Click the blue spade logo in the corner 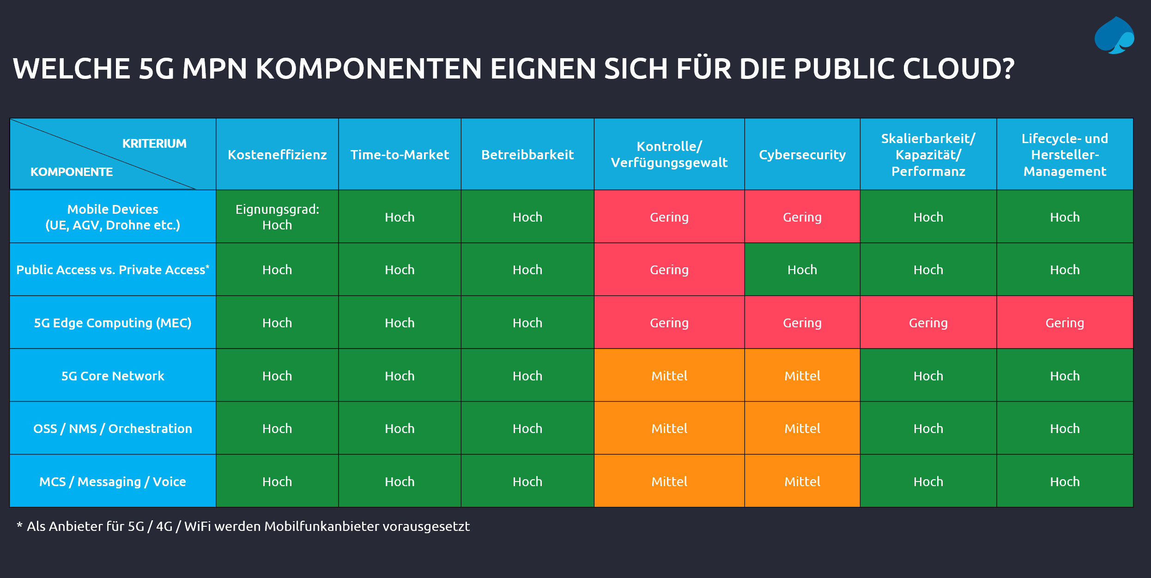(1114, 36)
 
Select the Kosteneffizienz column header (277, 155)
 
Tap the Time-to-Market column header (400, 155)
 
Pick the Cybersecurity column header (802, 155)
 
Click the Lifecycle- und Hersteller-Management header (1065, 155)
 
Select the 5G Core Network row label (113, 376)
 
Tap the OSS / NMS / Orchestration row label (113, 428)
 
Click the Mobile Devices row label (113, 217)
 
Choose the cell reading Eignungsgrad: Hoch (277, 217)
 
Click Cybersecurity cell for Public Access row (802, 270)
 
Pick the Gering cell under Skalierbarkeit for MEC (928, 323)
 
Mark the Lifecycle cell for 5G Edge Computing (1065, 323)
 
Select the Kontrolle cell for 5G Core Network (669, 376)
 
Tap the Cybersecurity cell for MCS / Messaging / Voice (802, 482)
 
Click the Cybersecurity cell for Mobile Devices (802, 217)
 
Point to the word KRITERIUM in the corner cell (154, 144)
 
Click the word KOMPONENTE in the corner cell (72, 172)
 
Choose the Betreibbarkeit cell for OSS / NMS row (527, 428)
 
